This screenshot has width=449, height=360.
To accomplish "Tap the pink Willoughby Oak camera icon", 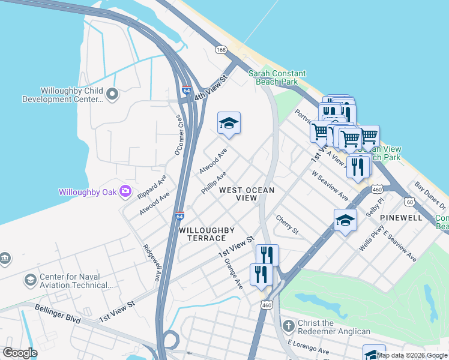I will click(125, 191).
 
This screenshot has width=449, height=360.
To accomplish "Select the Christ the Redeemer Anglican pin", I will click(289, 325).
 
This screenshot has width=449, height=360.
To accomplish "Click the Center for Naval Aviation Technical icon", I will click(30, 280).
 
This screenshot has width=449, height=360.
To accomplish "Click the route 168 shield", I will click(221, 49).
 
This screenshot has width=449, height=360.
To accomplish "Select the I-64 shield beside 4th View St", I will click(187, 91).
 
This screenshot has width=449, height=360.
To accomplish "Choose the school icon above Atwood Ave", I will click(229, 124).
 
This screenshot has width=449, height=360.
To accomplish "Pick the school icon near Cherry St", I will click(345, 221).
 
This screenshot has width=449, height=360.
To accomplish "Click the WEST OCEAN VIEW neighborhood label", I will click(246, 194).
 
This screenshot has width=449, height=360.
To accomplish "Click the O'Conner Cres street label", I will click(178, 135).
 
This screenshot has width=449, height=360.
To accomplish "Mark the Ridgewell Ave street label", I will click(151, 263).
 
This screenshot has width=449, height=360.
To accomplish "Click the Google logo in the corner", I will click(20, 353).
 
